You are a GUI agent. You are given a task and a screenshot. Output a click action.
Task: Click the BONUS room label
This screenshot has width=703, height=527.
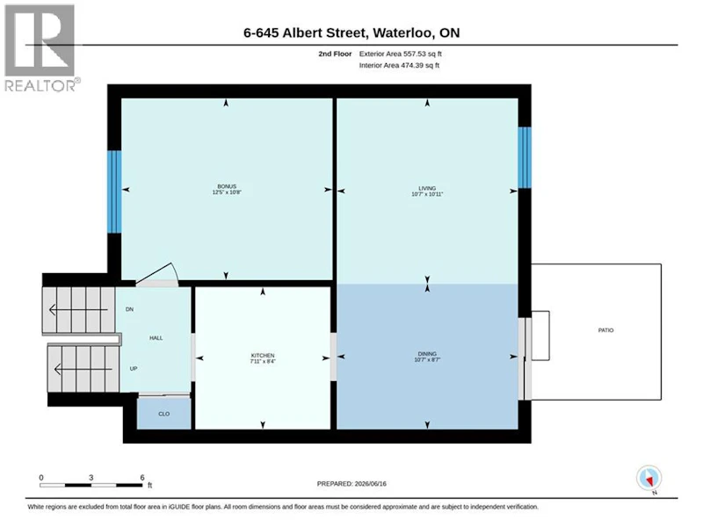click(x=227, y=186)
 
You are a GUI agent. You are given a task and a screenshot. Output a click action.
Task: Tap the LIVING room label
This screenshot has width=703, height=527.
click(x=427, y=188)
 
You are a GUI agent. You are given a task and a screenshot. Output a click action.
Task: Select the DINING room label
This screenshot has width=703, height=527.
click(x=427, y=354)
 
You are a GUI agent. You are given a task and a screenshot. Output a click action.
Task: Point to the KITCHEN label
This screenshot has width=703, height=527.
click(x=263, y=356)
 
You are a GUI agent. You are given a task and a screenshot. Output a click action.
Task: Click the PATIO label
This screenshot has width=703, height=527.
click(x=605, y=330)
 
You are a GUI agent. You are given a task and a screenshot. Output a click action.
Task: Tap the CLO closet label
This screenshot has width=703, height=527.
click(x=164, y=414)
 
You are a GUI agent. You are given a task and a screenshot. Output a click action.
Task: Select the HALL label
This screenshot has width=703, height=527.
click(x=156, y=338)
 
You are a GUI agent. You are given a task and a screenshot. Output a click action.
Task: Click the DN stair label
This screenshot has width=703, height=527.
click(x=129, y=309)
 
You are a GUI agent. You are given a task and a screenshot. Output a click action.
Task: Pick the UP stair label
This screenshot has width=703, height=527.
click(x=134, y=368)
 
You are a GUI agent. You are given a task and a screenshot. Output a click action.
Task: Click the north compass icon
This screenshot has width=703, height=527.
click(x=649, y=478)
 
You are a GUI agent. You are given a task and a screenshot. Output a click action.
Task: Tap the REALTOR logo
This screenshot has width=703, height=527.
click(x=41, y=48)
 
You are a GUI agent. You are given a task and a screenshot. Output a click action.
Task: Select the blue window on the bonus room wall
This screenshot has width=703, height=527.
click(x=114, y=191)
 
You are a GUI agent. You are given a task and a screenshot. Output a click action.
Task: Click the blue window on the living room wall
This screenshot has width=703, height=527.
click(x=525, y=158)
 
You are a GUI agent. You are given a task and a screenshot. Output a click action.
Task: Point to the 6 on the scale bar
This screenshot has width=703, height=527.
click(x=142, y=478)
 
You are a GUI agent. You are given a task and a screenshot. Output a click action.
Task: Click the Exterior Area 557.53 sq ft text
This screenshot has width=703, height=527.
click(x=401, y=54)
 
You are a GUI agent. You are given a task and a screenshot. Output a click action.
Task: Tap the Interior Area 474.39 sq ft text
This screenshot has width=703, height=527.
click(x=399, y=65)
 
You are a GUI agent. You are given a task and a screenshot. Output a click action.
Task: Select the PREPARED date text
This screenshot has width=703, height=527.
click(x=351, y=484)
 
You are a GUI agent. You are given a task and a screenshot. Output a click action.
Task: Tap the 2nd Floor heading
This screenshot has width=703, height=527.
click(x=335, y=54)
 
